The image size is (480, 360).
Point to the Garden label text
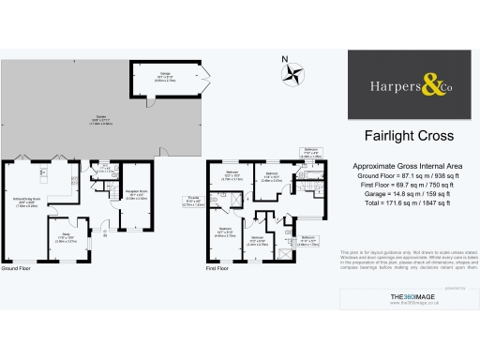pyautogui.click(x=99, y=118)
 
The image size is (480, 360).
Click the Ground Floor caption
pyautogui.click(x=16, y=243)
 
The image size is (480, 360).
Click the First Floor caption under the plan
pyautogui.click(x=218, y=243)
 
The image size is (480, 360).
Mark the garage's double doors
pyautogui.click(x=205, y=77)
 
